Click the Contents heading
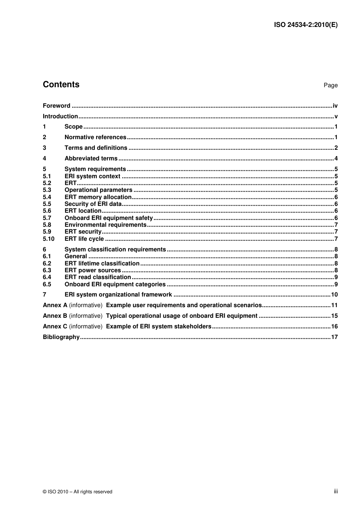(x=61, y=85)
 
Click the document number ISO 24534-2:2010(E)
(x=305, y=25)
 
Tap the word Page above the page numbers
(x=330, y=85)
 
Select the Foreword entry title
(x=56, y=106)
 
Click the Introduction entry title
(x=60, y=116)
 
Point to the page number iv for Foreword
(x=335, y=106)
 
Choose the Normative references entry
(x=95, y=137)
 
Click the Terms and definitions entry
(x=96, y=148)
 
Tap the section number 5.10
(x=49, y=239)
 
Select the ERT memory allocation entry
(x=98, y=197)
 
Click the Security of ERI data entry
(x=93, y=204)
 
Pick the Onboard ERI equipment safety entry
(x=108, y=218)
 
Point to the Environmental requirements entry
(x=105, y=225)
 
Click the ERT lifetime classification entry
(x=102, y=264)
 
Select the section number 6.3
(x=47, y=270)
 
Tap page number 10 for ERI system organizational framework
(x=334, y=295)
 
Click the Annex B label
(x=55, y=316)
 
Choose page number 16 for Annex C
(x=334, y=326)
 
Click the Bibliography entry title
(x=61, y=337)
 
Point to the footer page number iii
(x=336, y=491)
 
